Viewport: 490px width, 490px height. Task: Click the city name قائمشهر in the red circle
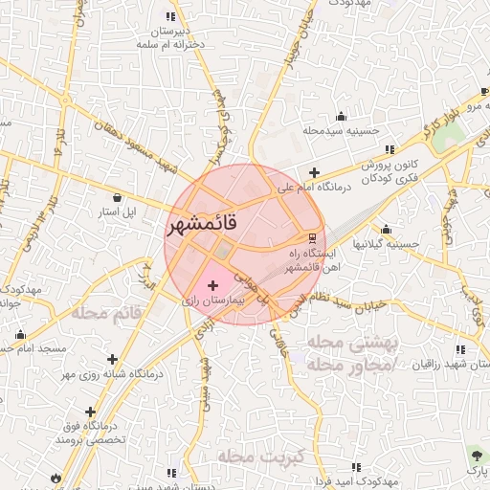click(214, 226)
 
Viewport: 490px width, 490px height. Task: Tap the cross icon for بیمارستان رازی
click(212, 285)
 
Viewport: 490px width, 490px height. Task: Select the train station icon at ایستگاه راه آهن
click(312, 237)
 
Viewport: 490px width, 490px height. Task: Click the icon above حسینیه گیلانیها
click(386, 230)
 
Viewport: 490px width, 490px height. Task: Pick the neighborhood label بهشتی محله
click(344, 342)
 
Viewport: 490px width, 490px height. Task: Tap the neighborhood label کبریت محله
click(259, 456)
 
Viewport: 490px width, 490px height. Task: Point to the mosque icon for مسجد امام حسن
click(20, 334)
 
